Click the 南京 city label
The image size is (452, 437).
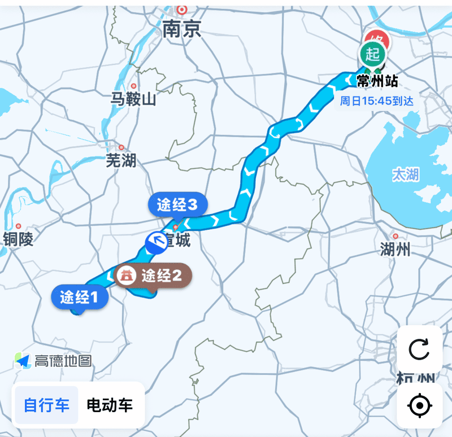pos(181,29)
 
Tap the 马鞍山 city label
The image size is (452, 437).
pos(133,100)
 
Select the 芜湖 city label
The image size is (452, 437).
pos(121,160)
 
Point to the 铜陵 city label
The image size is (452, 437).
pos(18,239)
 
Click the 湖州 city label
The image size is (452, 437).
pos(395,248)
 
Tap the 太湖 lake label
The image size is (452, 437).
pos(406,174)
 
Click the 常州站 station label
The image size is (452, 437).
pos(377,81)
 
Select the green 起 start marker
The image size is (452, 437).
pos(372,55)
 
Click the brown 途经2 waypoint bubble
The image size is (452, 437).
pos(153,276)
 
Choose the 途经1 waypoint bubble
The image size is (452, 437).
pos(80,296)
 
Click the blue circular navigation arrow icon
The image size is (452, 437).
pos(157,243)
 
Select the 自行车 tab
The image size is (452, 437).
pos(46,405)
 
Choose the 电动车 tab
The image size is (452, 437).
pos(110,405)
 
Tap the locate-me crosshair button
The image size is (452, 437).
pos(419,405)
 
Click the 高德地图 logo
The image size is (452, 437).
pos(54,360)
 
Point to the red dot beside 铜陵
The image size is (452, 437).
pos(19,226)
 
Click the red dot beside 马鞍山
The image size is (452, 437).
pos(134,86)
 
